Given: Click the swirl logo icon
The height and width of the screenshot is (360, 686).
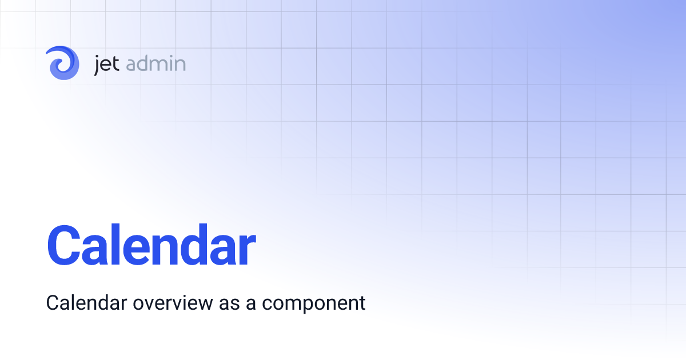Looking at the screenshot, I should [x=62, y=63].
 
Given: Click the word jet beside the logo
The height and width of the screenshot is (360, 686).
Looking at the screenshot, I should [x=106, y=64].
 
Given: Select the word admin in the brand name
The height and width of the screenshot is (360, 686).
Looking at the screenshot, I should [x=155, y=64].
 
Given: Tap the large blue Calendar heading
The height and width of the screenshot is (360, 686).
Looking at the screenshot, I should [x=151, y=245].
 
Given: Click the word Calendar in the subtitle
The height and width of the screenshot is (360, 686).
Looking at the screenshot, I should [x=87, y=302].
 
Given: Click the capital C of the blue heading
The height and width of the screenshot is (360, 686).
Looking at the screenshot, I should [x=66, y=246].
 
